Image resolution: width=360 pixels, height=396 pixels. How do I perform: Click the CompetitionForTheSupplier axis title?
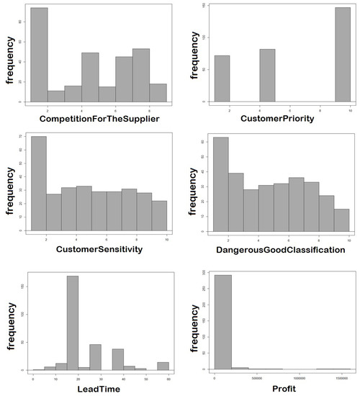click(x=99, y=117)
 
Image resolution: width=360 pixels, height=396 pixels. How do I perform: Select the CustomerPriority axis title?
click(x=278, y=117)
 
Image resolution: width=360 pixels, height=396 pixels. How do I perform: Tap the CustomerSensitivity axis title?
click(x=99, y=249)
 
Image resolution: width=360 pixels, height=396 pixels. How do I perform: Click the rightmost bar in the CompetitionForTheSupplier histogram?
click(x=158, y=93)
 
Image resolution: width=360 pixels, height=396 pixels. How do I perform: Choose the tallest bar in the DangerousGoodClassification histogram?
click(x=221, y=183)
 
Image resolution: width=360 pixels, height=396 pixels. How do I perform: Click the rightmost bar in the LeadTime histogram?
click(x=163, y=366)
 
